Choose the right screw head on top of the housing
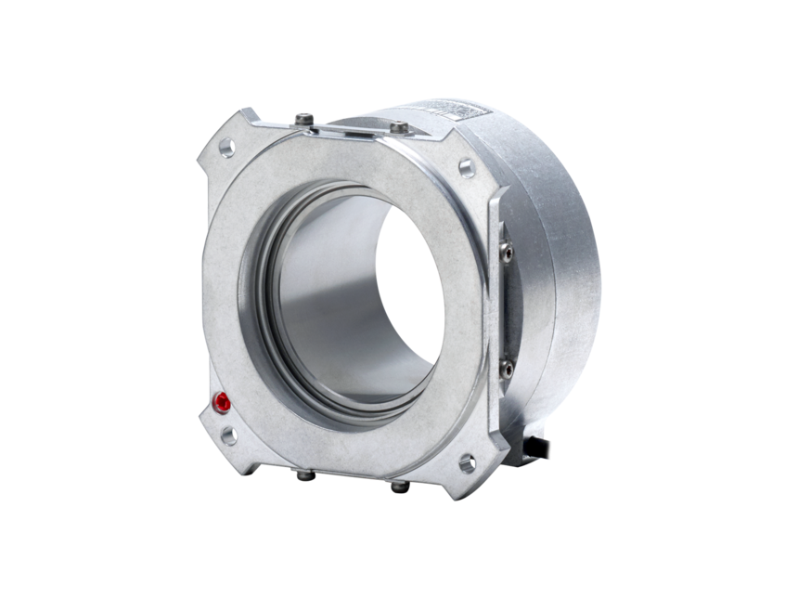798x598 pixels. pyautogui.click(x=398, y=127)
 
